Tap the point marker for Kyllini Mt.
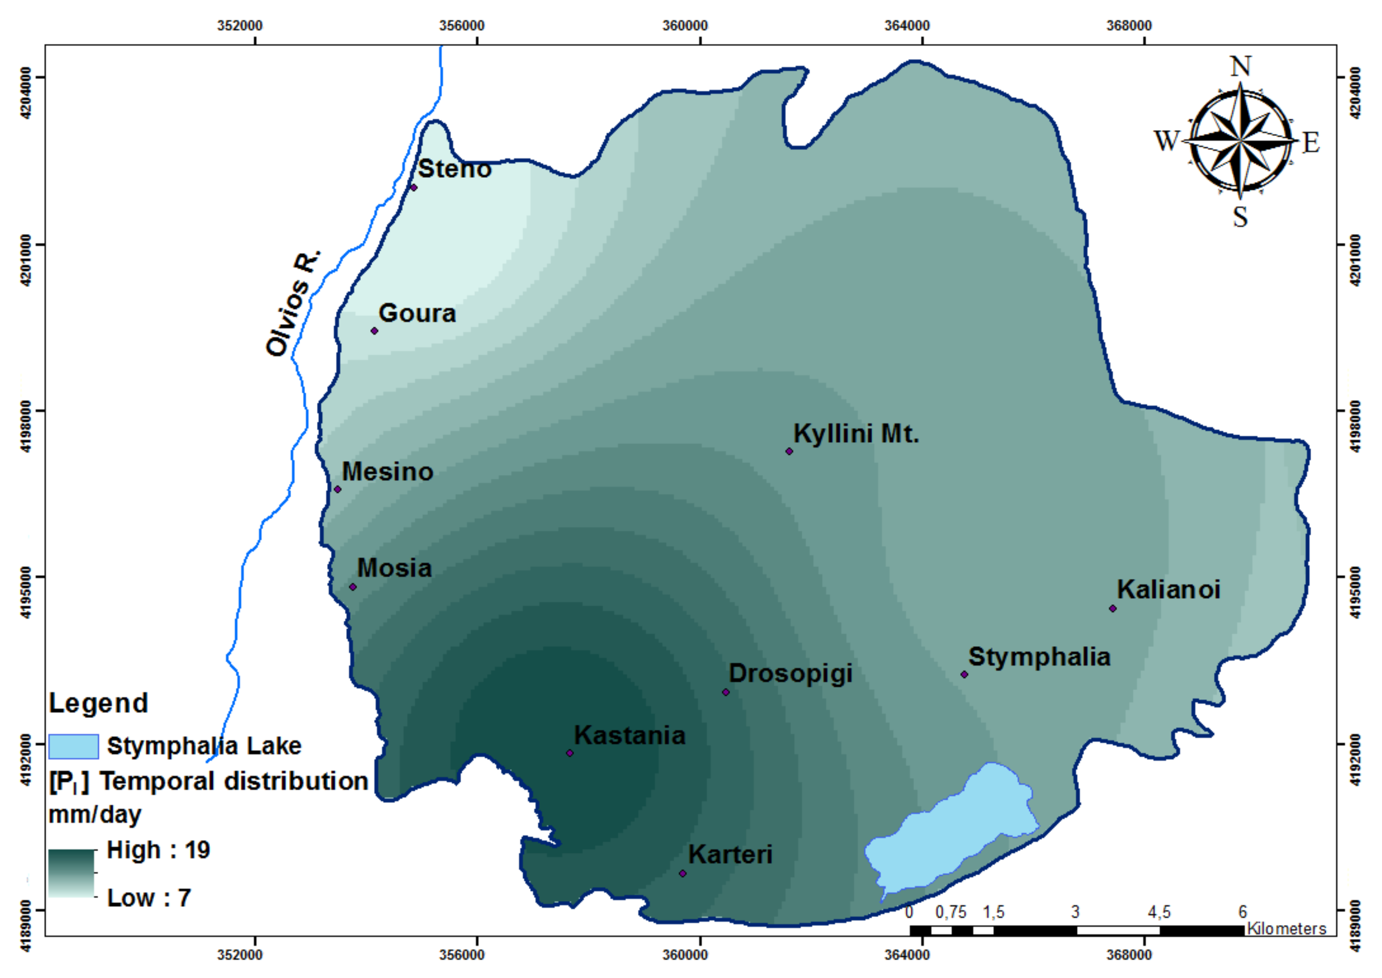789,451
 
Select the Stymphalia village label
1039,657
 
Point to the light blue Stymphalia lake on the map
951,834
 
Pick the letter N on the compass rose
1240,66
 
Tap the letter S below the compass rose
1240,217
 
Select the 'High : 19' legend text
158,850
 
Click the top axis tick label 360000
685,26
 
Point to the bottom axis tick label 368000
1129,955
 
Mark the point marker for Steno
414,187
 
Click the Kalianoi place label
1168,590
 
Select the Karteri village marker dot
682,873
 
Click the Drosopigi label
790,673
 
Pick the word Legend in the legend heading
98,704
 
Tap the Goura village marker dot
374,331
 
